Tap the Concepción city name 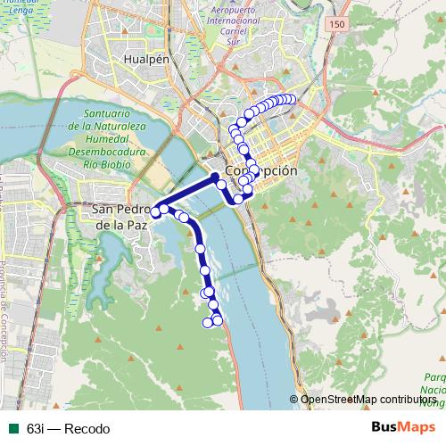tap(260, 169)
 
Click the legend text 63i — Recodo tap(69, 428)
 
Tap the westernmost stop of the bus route tap(155, 212)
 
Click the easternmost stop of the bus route tap(291, 99)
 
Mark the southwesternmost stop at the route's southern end tap(208, 323)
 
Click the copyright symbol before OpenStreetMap tap(293, 400)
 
